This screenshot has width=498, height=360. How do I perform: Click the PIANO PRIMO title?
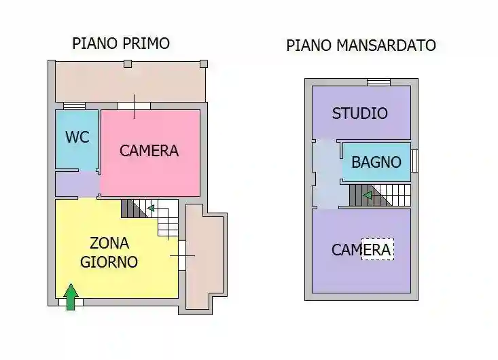click(121, 43)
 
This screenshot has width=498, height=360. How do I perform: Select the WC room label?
click(77, 137)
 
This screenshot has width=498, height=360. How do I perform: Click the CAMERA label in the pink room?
click(149, 151)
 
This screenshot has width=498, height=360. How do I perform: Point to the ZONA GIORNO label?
click(109, 252)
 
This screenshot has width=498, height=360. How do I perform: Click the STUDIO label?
click(359, 113)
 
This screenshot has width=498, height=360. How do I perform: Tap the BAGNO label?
click(376, 163)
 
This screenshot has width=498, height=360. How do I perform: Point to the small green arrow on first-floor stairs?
click(151, 208)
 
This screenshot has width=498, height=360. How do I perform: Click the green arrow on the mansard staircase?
click(367, 196)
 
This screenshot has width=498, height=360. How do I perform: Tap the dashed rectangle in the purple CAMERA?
click(378, 249)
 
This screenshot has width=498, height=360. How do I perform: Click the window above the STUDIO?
click(378, 83)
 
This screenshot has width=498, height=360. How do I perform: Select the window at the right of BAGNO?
click(414, 161)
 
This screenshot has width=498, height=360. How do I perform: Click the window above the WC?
click(74, 106)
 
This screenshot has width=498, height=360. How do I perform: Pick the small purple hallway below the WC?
click(76, 184)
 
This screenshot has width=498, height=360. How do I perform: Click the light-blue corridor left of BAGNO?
click(326, 173)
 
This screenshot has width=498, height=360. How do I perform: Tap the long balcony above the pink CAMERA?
click(129, 82)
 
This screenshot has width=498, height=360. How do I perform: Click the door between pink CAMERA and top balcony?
click(134, 106)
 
